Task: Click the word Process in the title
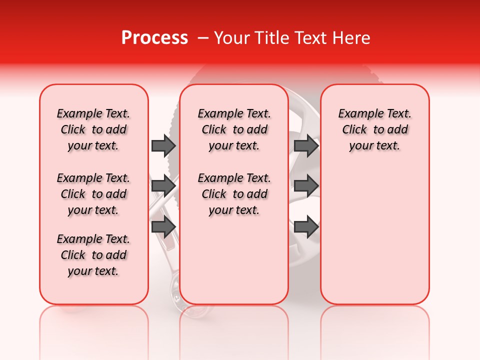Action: coord(154,38)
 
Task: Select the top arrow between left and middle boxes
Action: coord(163,145)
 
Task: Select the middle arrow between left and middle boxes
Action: coord(163,186)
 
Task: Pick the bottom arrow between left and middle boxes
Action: coord(163,226)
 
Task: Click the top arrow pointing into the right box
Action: coord(306,145)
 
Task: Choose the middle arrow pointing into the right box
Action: coord(306,186)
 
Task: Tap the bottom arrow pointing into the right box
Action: coord(306,226)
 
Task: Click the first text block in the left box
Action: coord(93,130)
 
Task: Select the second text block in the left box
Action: coord(93,194)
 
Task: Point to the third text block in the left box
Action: coord(93,255)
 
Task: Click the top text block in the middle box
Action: coord(234,130)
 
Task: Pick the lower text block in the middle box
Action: coord(234,194)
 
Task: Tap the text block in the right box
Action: coord(375,130)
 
